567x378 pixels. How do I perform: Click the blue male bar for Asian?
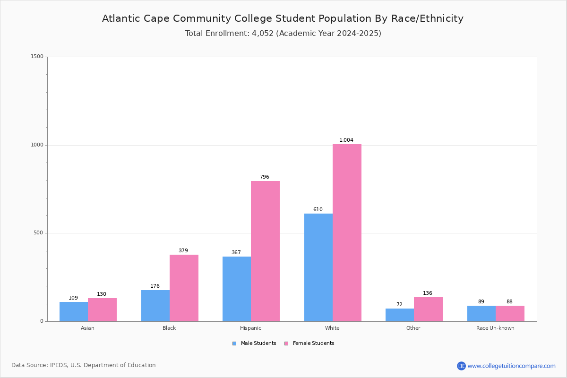pyautogui.click(x=74, y=311)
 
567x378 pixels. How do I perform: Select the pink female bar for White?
pyautogui.click(x=347, y=232)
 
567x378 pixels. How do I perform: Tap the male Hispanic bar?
pyautogui.click(x=237, y=289)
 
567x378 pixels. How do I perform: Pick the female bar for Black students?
pyautogui.click(x=184, y=288)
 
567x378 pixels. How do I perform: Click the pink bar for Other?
pyautogui.click(x=428, y=309)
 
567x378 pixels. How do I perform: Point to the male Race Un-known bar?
pyautogui.click(x=481, y=313)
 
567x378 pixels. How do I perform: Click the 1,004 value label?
pyautogui.click(x=346, y=140)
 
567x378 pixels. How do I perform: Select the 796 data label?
pyautogui.click(x=265, y=177)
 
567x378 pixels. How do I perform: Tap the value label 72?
pyautogui.click(x=399, y=304)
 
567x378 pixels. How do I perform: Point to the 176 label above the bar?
pyautogui.click(x=155, y=286)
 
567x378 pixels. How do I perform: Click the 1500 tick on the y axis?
pyautogui.click(x=37, y=56)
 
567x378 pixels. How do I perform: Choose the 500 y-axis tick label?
pyautogui.click(x=38, y=232)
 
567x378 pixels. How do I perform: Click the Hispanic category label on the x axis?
pyautogui.click(x=250, y=328)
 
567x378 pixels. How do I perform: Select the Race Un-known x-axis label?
pyautogui.click(x=495, y=328)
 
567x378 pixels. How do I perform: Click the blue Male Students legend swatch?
pyautogui.click(x=234, y=344)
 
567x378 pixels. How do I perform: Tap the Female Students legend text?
pyautogui.click(x=313, y=343)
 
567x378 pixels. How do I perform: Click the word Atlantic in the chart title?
pyautogui.click(x=121, y=18)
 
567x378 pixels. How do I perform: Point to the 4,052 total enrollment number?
pyautogui.click(x=263, y=34)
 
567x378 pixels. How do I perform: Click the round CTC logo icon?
pyautogui.click(x=461, y=366)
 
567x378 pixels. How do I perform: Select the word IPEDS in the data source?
pyautogui.click(x=59, y=365)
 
